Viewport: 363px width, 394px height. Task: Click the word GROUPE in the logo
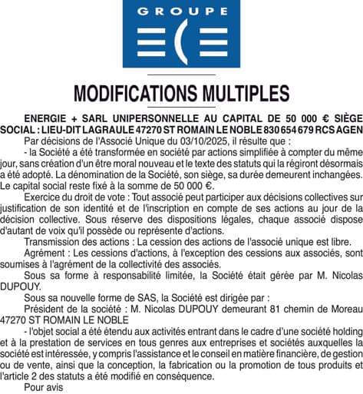[x=181, y=13]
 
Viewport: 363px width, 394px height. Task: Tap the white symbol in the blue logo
[x=181, y=42]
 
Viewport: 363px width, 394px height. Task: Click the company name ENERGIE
[x=48, y=119]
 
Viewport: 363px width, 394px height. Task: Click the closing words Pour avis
[x=47, y=388]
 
